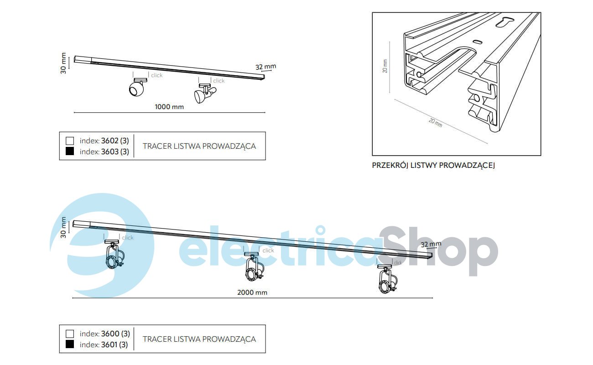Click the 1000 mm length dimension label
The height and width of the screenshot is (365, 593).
click(169, 107)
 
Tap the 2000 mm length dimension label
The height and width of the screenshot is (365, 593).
click(252, 292)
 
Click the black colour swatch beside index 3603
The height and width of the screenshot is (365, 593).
click(70, 151)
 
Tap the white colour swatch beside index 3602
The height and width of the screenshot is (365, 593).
click(70, 141)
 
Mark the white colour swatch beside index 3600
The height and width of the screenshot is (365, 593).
click(70, 334)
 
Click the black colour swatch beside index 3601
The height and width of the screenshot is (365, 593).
click(70, 344)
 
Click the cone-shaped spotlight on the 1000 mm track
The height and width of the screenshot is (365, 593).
click(205, 93)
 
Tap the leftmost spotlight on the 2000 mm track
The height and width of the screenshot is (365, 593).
click(114, 254)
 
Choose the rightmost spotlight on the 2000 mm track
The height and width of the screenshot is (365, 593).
click(388, 279)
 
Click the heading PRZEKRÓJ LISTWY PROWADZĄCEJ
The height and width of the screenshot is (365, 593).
click(433, 165)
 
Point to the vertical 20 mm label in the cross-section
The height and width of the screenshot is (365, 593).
click(385, 66)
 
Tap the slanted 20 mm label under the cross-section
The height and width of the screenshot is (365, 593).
click(436, 122)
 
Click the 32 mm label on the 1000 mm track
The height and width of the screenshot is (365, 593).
click(265, 67)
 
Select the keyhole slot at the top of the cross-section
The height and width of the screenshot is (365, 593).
click(505, 22)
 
